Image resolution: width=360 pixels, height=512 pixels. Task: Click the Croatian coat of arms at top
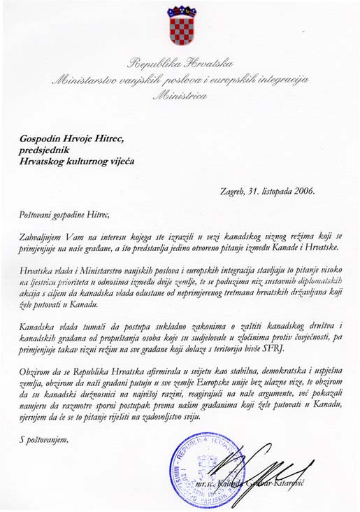tap(180, 27)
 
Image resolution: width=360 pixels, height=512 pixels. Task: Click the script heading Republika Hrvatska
tap(180, 66)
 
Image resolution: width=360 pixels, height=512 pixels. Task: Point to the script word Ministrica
tap(180, 96)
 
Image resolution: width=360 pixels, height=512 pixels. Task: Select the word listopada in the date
tap(273, 190)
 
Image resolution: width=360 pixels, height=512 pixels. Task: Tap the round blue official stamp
tap(202, 471)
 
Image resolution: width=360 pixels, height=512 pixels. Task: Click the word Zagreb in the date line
tap(226, 190)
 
